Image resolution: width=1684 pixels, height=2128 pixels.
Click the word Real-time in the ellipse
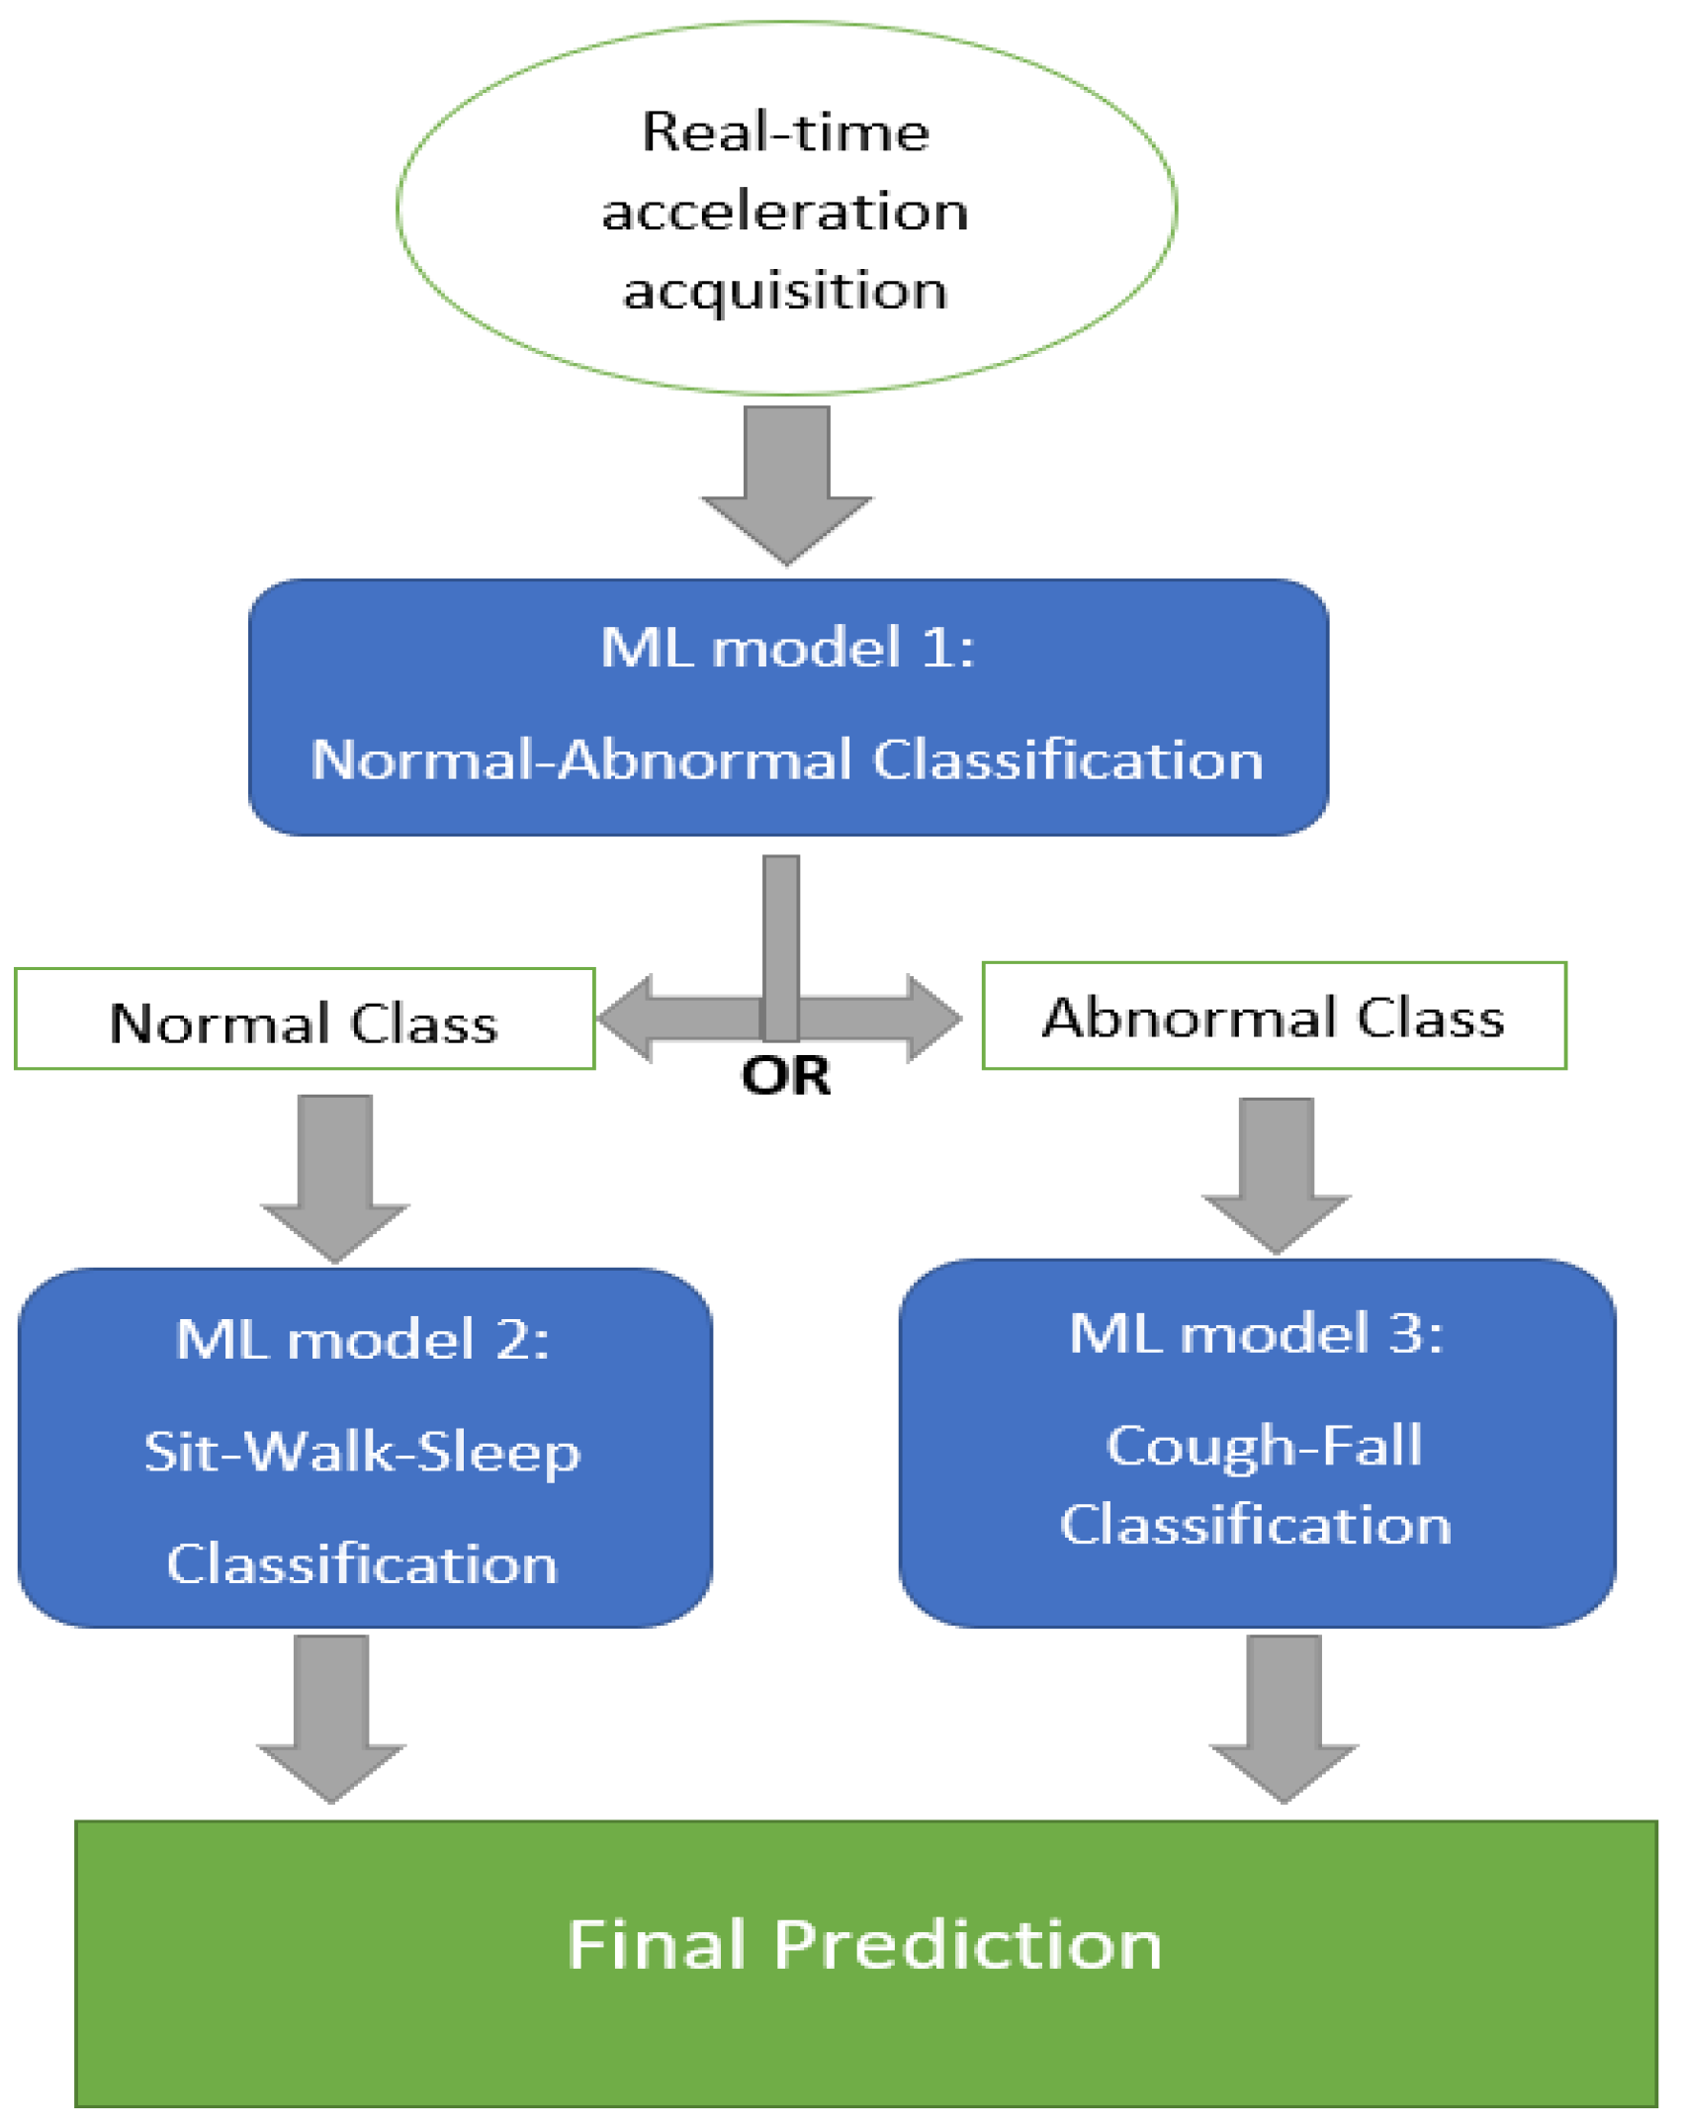coord(785,132)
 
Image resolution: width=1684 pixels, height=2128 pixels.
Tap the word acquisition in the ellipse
coord(785,291)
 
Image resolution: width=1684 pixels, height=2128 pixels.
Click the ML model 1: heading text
coord(787,649)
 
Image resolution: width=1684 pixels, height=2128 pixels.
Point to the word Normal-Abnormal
coord(581,760)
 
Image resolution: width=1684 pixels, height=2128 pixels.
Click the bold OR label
coord(785,1076)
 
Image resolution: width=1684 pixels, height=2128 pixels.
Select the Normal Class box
coord(305,1020)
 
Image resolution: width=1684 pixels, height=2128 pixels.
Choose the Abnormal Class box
coord(1274,1017)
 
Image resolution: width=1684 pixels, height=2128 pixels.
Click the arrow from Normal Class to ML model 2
coord(335,1177)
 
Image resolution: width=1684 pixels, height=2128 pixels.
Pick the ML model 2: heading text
coord(362,1341)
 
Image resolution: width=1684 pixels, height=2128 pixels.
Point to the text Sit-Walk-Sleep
coord(362,1453)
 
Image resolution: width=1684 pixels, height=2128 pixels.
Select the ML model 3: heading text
coord(1256,1334)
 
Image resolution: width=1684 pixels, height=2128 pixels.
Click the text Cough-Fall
coord(1264,1447)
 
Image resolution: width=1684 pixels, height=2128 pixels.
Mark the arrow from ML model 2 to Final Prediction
coord(331,1717)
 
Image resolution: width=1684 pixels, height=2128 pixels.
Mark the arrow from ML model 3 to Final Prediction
coord(1284,1717)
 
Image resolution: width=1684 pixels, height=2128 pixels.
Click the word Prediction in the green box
coord(967,1946)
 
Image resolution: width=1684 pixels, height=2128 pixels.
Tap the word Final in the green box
coord(657,1946)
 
